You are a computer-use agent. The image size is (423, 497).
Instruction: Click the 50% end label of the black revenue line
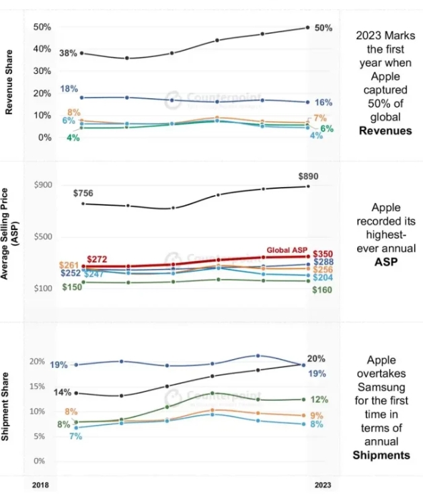pyautogui.click(x=323, y=28)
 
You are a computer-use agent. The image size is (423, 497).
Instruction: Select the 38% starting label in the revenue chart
pyautogui.click(x=67, y=52)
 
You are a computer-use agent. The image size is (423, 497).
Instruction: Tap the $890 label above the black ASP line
pyautogui.click(x=309, y=177)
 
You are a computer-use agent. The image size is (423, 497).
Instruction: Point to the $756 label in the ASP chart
pyautogui.click(x=83, y=194)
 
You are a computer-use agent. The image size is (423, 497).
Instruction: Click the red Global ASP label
pyautogui.click(x=288, y=250)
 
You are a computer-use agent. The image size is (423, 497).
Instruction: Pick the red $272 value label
pyautogui.click(x=98, y=259)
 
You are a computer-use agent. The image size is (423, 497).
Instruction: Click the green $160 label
pyautogui.click(x=323, y=290)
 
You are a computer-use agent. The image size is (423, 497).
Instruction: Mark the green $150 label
pyautogui.click(x=72, y=287)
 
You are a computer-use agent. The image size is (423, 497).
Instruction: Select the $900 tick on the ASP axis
pyautogui.click(x=42, y=185)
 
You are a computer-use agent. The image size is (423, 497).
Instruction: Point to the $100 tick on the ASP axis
pyautogui.click(x=42, y=289)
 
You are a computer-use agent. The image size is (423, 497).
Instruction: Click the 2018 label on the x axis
pyautogui.click(x=42, y=484)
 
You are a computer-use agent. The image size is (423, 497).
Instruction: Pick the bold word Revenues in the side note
pyautogui.click(x=385, y=130)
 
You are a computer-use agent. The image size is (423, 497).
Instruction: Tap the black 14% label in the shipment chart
pyautogui.click(x=63, y=392)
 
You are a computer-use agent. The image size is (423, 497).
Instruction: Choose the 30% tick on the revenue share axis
pyautogui.click(x=42, y=71)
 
